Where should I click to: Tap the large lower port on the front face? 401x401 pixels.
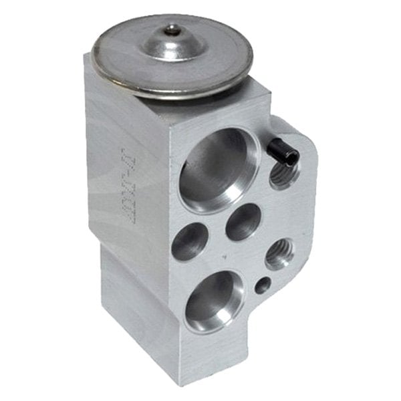tap(213, 299)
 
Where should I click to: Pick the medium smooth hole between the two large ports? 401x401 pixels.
tap(243, 221)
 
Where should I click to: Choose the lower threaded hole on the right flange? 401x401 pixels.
tap(278, 253)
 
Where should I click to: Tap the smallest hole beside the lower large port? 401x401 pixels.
tap(263, 285)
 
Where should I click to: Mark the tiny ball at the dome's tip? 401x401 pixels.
tap(173, 29)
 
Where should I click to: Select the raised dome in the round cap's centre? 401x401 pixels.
tap(172, 43)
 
